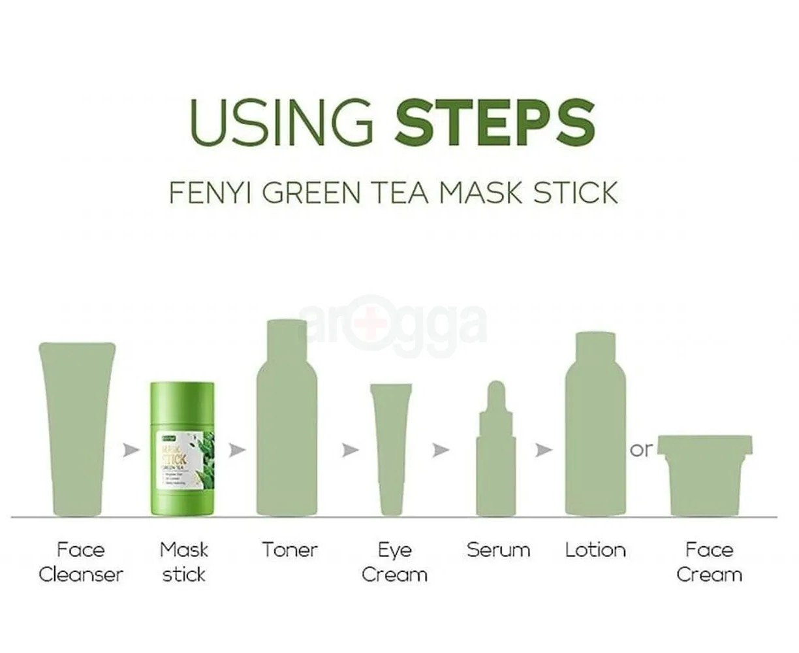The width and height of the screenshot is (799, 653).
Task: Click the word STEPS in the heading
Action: pyautogui.click(x=495, y=121)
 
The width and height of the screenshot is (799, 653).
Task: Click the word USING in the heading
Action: pyautogui.click(x=281, y=121)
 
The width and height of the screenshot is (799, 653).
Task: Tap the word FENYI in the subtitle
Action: pyautogui.click(x=206, y=193)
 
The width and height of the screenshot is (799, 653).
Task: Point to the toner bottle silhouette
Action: pyautogui.click(x=288, y=424)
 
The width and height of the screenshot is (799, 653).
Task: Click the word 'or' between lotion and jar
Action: pyautogui.click(x=640, y=449)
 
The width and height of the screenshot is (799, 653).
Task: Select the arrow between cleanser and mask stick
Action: pyautogui.click(x=131, y=450)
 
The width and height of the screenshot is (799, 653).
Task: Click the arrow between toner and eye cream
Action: pyautogui.click(x=351, y=450)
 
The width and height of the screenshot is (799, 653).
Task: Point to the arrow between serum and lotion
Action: pyautogui.click(x=543, y=450)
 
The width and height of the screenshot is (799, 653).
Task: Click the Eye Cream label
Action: pyautogui.click(x=394, y=562)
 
